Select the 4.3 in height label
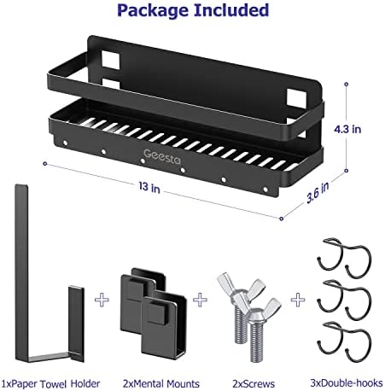(x=363, y=129)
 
